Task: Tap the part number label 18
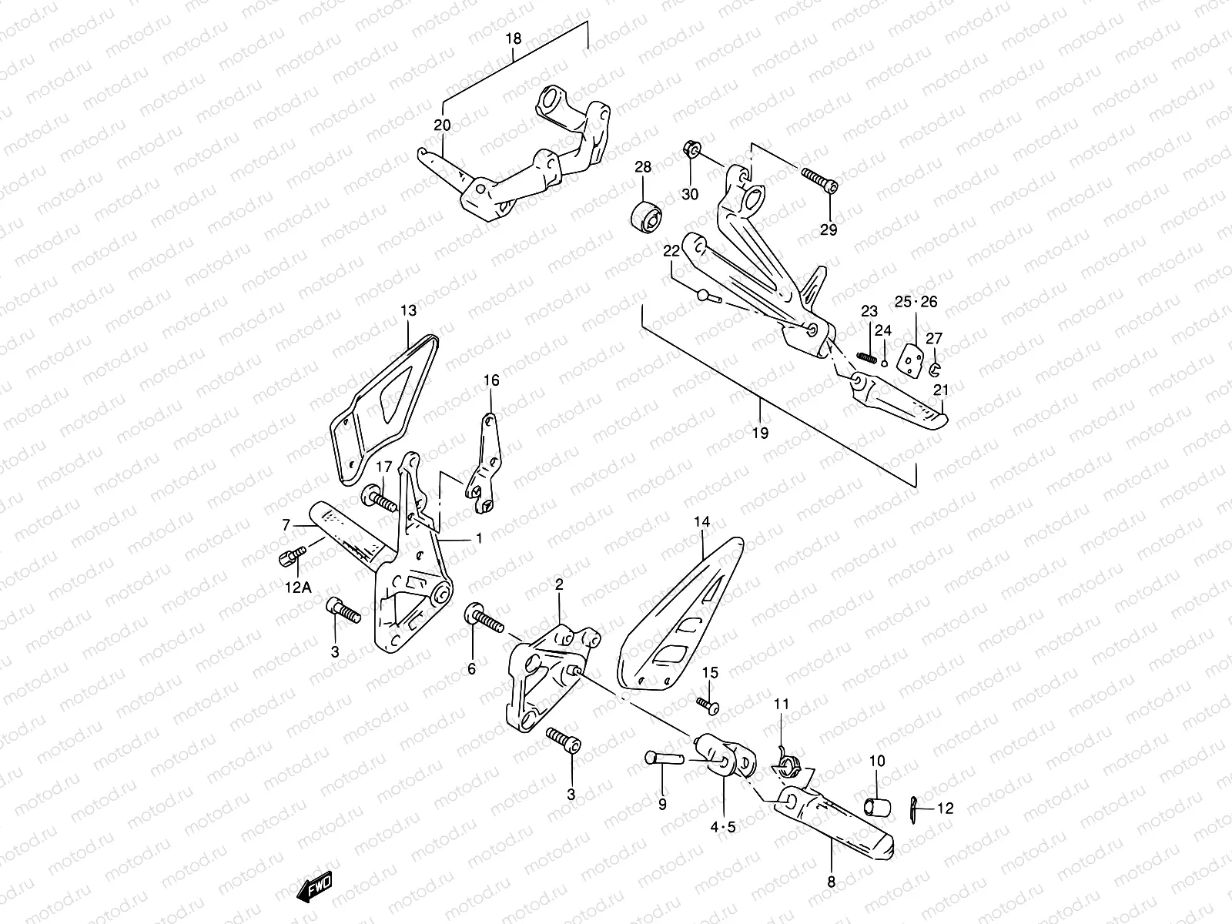pyautogui.click(x=514, y=38)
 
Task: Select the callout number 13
pyautogui.click(x=408, y=310)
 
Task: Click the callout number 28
pyautogui.click(x=643, y=167)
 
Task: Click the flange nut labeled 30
pyautogui.click(x=691, y=149)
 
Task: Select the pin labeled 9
pyautogui.click(x=663, y=758)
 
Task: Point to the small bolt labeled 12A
pyautogui.click(x=292, y=555)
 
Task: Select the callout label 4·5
pyautogui.click(x=723, y=827)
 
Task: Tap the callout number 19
pyautogui.click(x=760, y=433)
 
